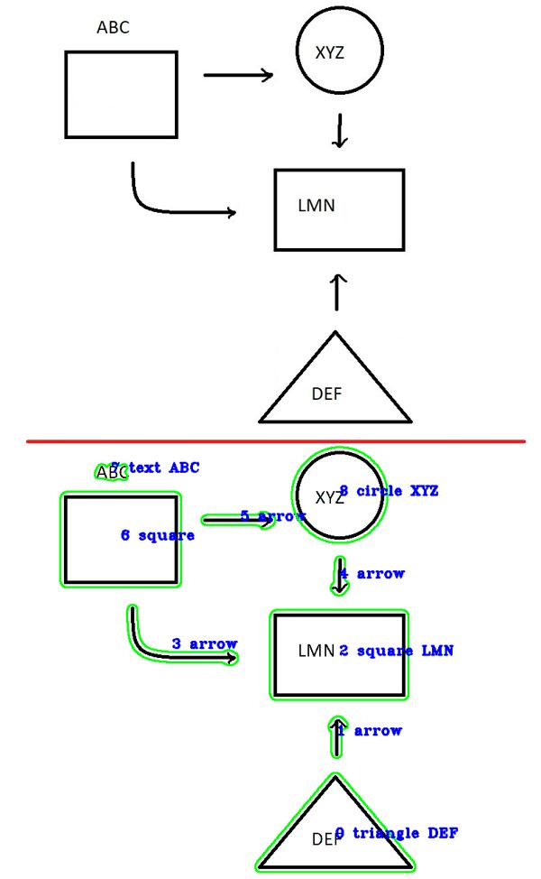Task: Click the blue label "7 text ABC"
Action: tap(155, 467)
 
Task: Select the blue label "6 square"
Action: tap(157, 535)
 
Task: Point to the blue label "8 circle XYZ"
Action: tap(389, 491)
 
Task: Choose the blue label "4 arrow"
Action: tap(371, 573)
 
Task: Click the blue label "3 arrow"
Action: tap(205, 643)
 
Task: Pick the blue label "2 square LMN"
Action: tap(396, 651)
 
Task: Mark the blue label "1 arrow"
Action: tap(370, 730)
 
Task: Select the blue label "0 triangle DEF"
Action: tap(397, 833)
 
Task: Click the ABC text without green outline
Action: tap(113, 28)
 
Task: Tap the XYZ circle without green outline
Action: tap(339, 51)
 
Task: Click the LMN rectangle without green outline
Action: tap(339, 209)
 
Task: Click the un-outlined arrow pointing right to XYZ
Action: tap(238, 76)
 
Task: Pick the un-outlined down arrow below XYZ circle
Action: tap(339, 131)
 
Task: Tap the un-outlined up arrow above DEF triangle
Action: tap(337, 291)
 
